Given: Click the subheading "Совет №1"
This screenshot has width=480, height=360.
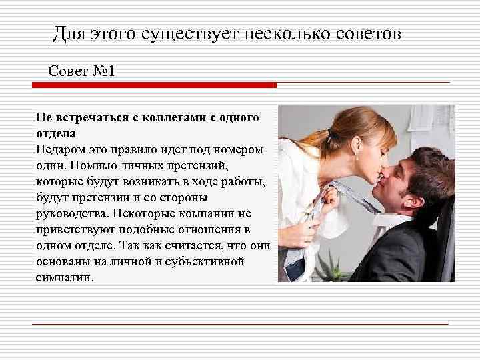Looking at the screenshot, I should coord(82,71).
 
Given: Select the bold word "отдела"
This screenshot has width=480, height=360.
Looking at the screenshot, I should coord(57,133).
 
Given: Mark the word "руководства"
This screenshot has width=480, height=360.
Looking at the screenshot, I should coord(72,213).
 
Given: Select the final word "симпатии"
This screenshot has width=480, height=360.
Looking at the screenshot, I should coord(65,277).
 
